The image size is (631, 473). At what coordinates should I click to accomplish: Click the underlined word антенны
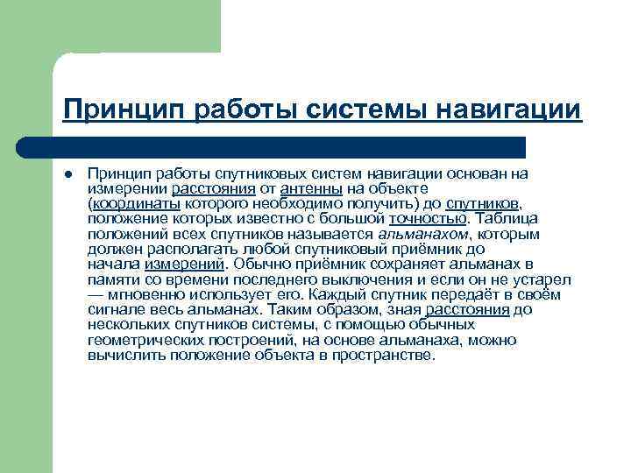pos(311,188)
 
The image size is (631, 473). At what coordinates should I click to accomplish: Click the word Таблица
pos(507,218)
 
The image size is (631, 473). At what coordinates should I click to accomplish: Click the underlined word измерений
pos(184,264)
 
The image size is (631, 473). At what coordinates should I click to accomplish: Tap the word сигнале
pos(115,309)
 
